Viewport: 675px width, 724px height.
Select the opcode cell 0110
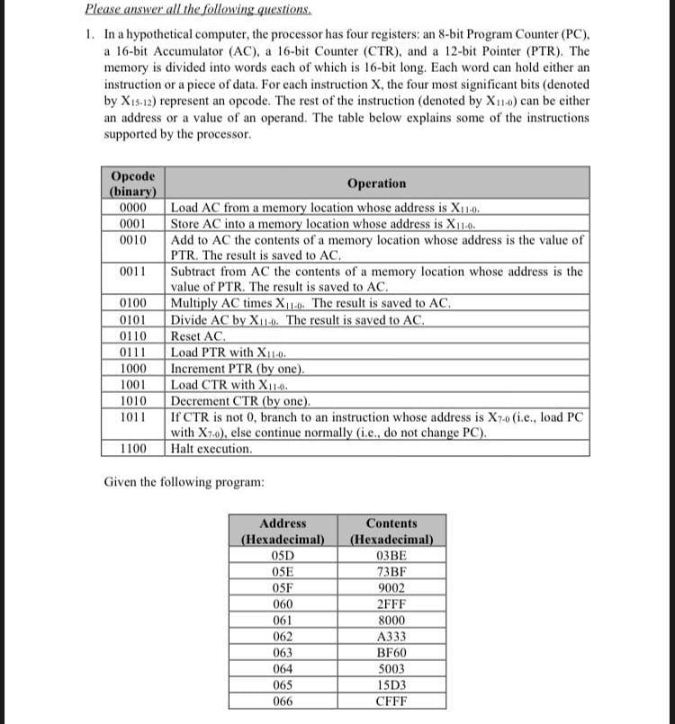pyautogui.click(x=132, y=336)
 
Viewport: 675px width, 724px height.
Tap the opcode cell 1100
pyautogui.click(x=132, y=448)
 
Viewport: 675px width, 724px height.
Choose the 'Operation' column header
pyautogui.click(x=376, y=183)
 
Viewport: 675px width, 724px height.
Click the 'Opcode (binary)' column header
pyautogui.click(x=132, y=183)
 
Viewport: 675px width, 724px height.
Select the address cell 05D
pyautogui.click(x=282, y=556)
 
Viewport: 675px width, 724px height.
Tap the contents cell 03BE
pyautogui.click(x=392, y=556)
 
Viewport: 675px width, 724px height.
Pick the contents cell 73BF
pyautogui.click(x=392, y=572)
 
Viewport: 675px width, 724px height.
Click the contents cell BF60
pyautogui.click(x=392, y=653)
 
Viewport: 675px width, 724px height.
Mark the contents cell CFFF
pyautogui.click(x=392, y=702)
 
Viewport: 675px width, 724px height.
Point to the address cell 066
pyautogui.click(x=282, y=702)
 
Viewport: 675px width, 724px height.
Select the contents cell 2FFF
pyautogui.click(x=392, y=604)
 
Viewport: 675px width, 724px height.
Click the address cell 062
pyautogui.click(x=282, y=637)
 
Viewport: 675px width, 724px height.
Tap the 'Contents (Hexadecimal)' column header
pyautogui.click(x=392, y=532)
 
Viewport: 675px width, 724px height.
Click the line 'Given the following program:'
pyautogui.click(x=184, y=483)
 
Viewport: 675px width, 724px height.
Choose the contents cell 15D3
pyautogui.click(x=392, y=685)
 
